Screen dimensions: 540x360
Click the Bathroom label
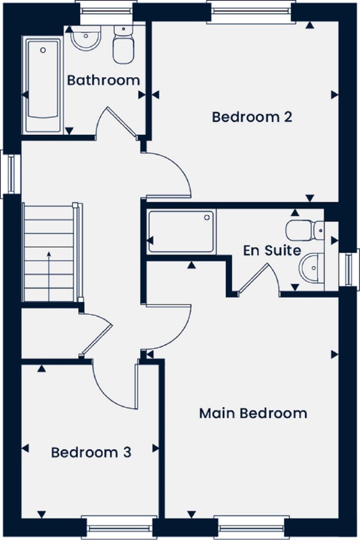(103, 80)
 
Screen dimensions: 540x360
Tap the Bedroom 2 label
(252, 117)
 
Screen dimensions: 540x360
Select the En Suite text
(272, 250)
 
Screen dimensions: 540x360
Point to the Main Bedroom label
(253, 413)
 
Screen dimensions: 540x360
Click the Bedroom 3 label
(91, 452)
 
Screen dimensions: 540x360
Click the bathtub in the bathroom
(43, 86)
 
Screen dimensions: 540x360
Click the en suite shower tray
(181, 231)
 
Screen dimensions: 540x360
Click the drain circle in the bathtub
(43, 50)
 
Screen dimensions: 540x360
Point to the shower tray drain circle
(207, 218)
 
